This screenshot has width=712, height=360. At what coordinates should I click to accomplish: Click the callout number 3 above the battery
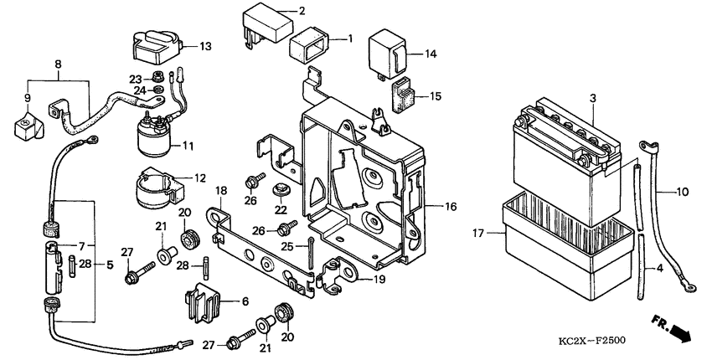click(x=592, y=99)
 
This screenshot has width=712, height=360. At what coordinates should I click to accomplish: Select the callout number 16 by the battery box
click(x=451, y=205)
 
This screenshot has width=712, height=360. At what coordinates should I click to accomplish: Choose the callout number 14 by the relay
click(x=431, y=54)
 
